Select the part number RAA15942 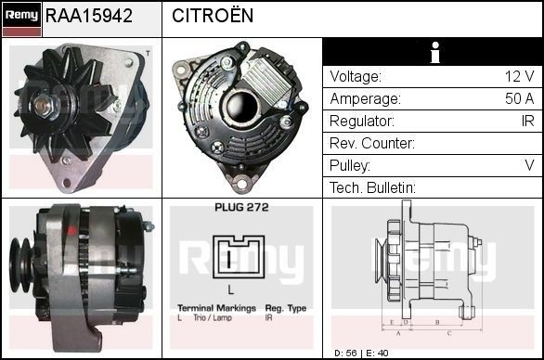point(88,17)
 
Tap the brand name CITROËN point(213,17)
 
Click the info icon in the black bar point(434,53)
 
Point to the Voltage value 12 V point(518,76)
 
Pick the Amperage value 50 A point(518,98)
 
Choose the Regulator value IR point(526,121)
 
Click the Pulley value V point(529,165)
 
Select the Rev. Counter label point(372,143)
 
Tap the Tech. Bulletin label point(372,187)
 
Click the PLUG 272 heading point(240,208)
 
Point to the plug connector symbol point(239,257)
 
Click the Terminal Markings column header point(217,308)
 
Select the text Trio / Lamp point(207,317)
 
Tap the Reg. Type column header point(286,308)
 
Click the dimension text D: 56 point(344,354)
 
